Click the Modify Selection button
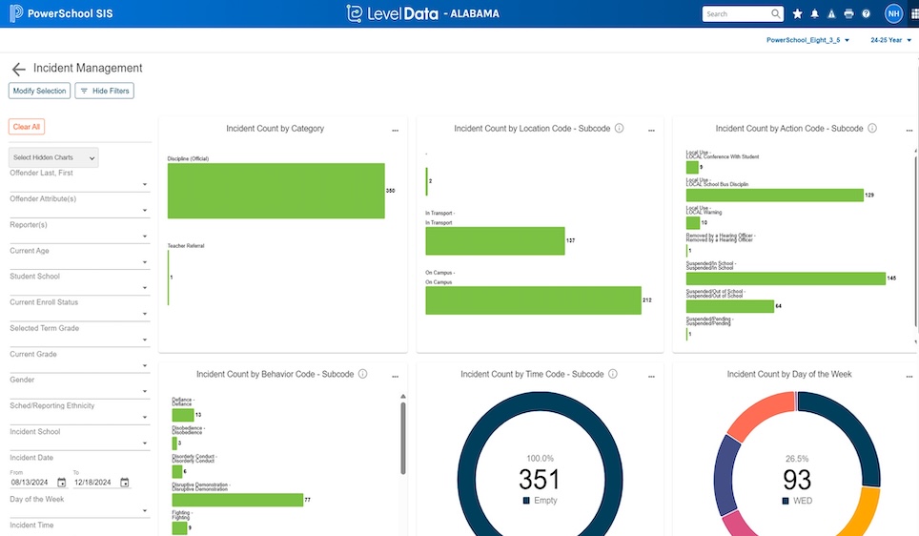pos(39,91)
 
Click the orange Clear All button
pos(27,127)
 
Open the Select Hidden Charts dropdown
pos(53,157)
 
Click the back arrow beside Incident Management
pos(18,70)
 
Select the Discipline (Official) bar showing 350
pos(276,191)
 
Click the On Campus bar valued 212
pos(533,300)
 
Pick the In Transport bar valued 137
pos(495,241)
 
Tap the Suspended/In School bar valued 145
pos(785,278)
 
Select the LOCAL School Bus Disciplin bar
pos(774,195)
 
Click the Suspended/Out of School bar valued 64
pos(729,306)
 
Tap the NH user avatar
pos(893,13)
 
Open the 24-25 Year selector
pos(890,41)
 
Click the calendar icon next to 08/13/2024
pos(62,483)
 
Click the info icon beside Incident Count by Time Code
pos(613,375)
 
